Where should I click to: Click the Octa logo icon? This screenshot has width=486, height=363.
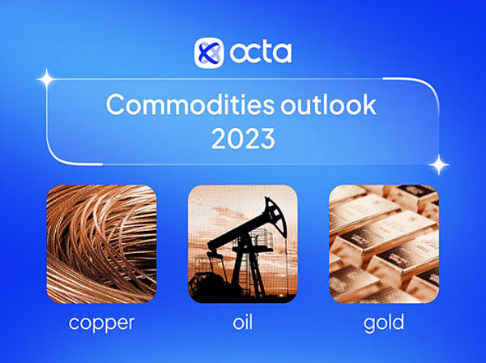click(209, 53)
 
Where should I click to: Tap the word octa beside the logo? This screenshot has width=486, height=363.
click(259, 53)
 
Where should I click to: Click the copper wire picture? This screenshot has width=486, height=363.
click(101, 244)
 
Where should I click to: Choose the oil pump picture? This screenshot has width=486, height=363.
click(243, 244)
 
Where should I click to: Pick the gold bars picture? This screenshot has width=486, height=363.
click(384, 244)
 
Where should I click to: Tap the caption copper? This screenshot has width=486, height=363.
click(101, 323)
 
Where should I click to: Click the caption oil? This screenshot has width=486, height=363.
click(243, 322)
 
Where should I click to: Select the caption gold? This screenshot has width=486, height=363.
click(384, 323)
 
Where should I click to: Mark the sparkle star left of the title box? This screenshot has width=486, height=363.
click(46, 78)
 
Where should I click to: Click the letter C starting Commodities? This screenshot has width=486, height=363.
click(115, 106)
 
